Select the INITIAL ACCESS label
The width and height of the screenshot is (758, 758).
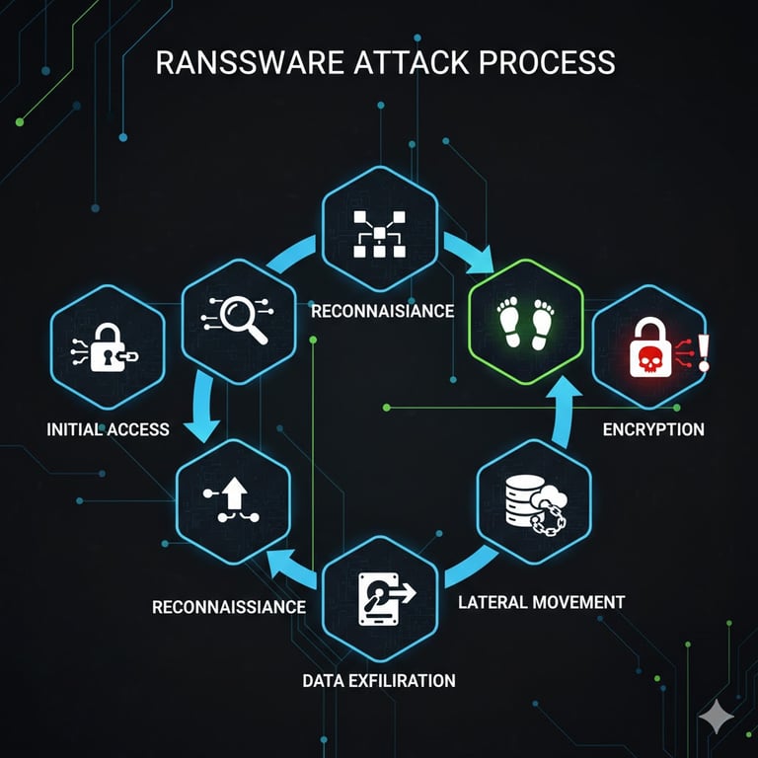(108, 429)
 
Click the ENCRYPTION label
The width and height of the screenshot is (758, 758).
(653, 429)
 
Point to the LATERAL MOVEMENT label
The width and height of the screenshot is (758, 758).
(542, 601)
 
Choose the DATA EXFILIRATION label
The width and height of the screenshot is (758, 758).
(379, 680)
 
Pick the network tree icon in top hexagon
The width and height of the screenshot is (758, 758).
(380, 233)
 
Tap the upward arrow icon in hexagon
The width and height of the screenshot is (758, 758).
(233, 500)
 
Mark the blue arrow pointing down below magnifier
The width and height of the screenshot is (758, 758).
(202, 415)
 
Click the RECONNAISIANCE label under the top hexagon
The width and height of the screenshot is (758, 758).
(382, 311)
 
